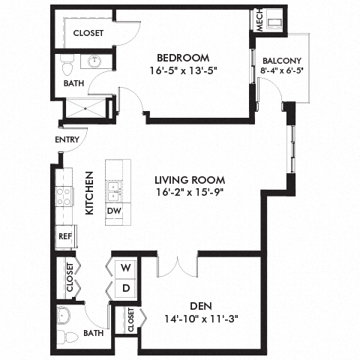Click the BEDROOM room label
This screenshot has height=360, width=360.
click(x=183, y=58)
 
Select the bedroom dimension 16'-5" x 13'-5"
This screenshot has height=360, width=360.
click(x=183, y=73)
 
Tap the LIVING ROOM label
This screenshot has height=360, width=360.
click(x=189, y=179)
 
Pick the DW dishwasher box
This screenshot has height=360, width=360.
click(x=115, y=211)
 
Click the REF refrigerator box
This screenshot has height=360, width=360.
click(x=64, y=235)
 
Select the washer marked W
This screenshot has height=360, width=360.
click(x=125, y=268)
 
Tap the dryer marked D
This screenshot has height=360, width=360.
click(x=125, y=288)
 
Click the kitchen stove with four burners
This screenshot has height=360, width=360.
click(x=64, y=196)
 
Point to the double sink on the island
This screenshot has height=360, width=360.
click(x=115, y=190)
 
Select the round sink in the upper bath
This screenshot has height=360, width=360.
click(x=95, y=62)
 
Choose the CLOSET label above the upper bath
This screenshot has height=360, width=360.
click(x=88, y=33)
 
